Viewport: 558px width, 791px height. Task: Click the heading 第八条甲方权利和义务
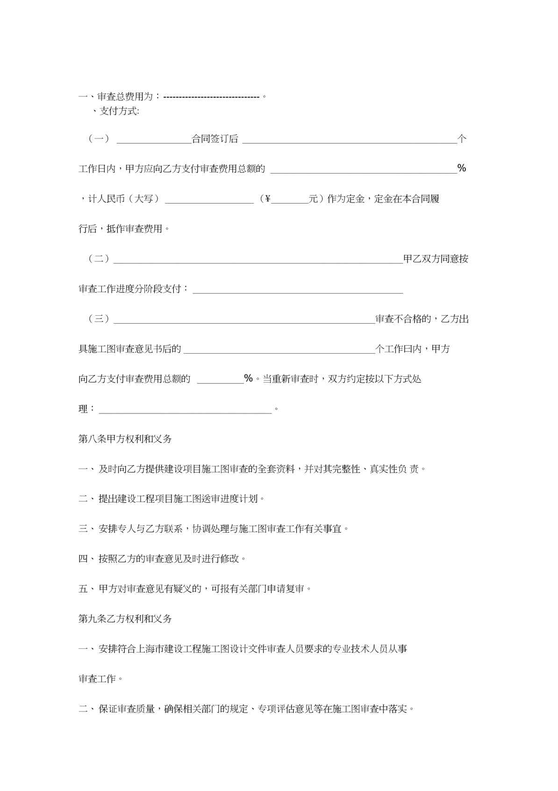point(125,439)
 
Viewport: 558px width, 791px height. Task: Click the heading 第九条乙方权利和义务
point(125,619)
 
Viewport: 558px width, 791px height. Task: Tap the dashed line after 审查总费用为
point(212,97)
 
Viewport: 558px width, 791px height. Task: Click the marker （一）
point(99,138)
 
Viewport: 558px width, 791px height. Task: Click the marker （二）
point(99,259)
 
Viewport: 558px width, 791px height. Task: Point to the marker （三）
point(99,319)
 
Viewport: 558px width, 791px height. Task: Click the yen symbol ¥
point(268,199)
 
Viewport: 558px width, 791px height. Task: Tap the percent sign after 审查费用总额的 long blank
point(462,168)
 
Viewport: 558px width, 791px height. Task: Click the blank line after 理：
point(185,411)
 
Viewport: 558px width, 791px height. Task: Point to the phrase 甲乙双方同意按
point(436,259)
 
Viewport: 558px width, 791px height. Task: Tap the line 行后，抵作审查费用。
point(124,229)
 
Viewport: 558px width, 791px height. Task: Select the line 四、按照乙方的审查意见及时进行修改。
point(163,559)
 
